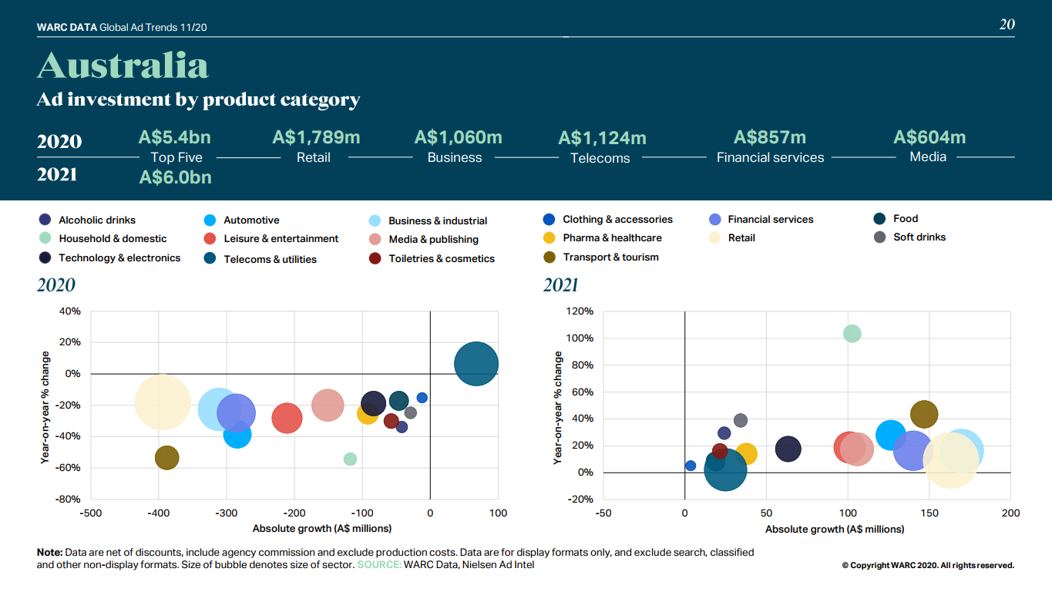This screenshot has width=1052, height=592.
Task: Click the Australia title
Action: pos(123,66)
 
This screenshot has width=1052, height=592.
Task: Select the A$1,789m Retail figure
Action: pos(316,138)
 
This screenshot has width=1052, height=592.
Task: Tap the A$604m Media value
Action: pos(929,138)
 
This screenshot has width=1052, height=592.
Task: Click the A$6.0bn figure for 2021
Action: pos(175,177)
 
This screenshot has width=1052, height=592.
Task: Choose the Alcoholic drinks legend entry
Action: pos(96,220)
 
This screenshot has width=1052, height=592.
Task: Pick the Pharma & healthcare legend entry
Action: pos(612,238)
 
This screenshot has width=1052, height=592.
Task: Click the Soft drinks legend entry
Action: pos(919,237)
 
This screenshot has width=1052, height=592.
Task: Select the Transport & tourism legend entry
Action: pos(610,257)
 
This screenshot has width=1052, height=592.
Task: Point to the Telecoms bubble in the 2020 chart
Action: pos(476,365)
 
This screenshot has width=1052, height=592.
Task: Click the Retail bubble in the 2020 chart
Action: pos(162,402)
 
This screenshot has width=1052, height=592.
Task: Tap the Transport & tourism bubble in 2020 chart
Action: pos(166,458)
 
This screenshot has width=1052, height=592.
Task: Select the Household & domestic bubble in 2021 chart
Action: pos(852,334)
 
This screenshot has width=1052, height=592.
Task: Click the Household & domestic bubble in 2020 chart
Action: pos(350,459)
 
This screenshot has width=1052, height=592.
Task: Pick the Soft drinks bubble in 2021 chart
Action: pos(741,421)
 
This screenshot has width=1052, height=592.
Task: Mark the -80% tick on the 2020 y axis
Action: pos(69,499)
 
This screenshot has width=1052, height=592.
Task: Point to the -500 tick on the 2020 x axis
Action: pos(91,513)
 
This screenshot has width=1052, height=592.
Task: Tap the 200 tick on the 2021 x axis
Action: pos(1010,513)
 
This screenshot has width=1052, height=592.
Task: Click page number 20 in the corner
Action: pos(1007,25)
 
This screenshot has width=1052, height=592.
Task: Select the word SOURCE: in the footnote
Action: pos(378,565)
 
